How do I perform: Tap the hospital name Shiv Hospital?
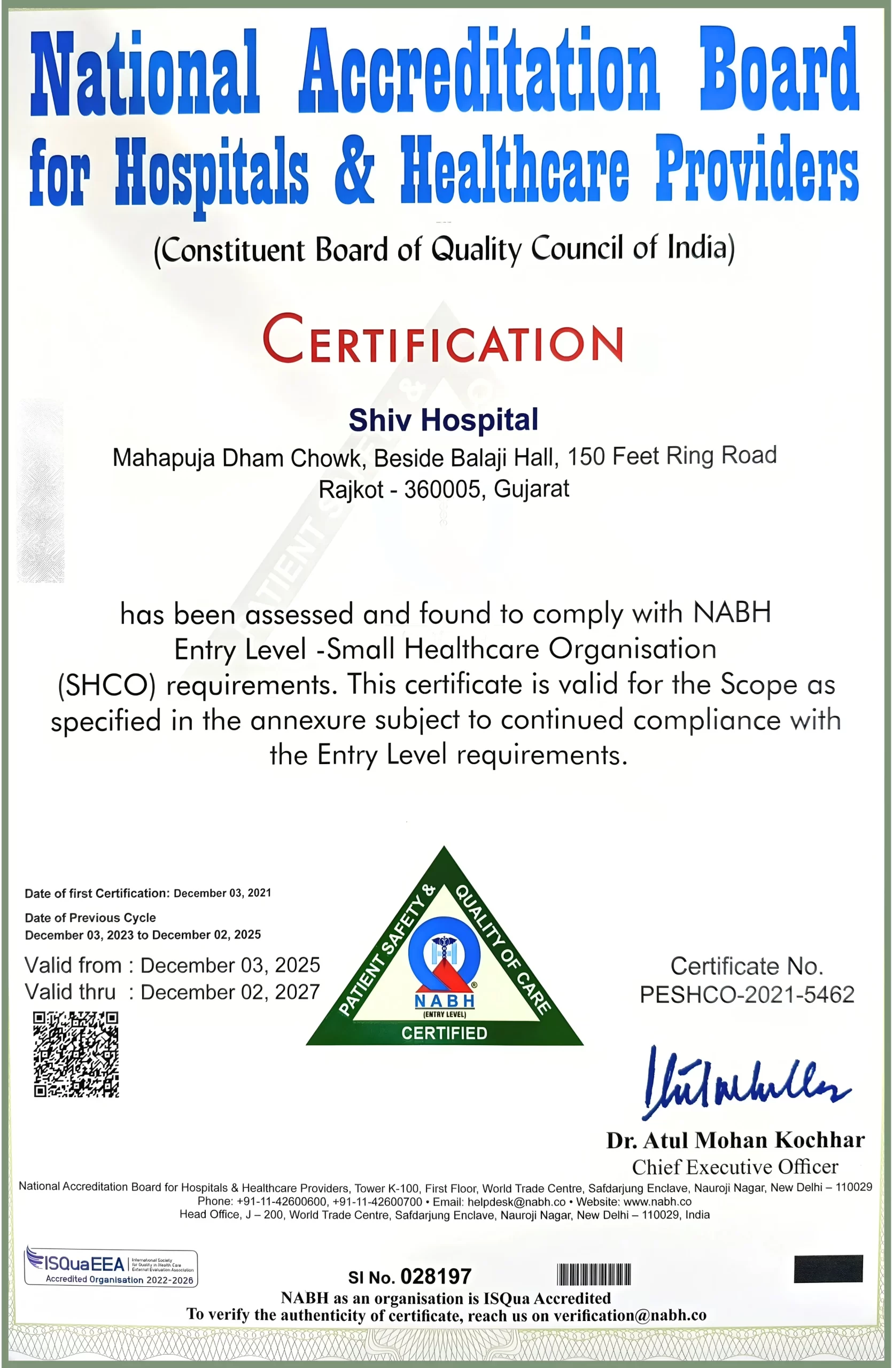[443, 419]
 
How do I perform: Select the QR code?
[76, 1054]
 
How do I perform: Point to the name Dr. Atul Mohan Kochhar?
[735, 1140]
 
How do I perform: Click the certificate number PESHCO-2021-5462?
[747, 995]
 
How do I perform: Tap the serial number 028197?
[436, 1276]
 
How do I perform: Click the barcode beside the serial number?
[594, 1274]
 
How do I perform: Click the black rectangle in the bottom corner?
[828, 1269]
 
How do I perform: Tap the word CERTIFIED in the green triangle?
[444, 1033]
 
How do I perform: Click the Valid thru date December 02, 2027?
[230, 992]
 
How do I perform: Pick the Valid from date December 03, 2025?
[230, 966]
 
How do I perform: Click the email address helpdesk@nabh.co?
[516, 1202]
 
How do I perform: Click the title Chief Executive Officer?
[735, 1167]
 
